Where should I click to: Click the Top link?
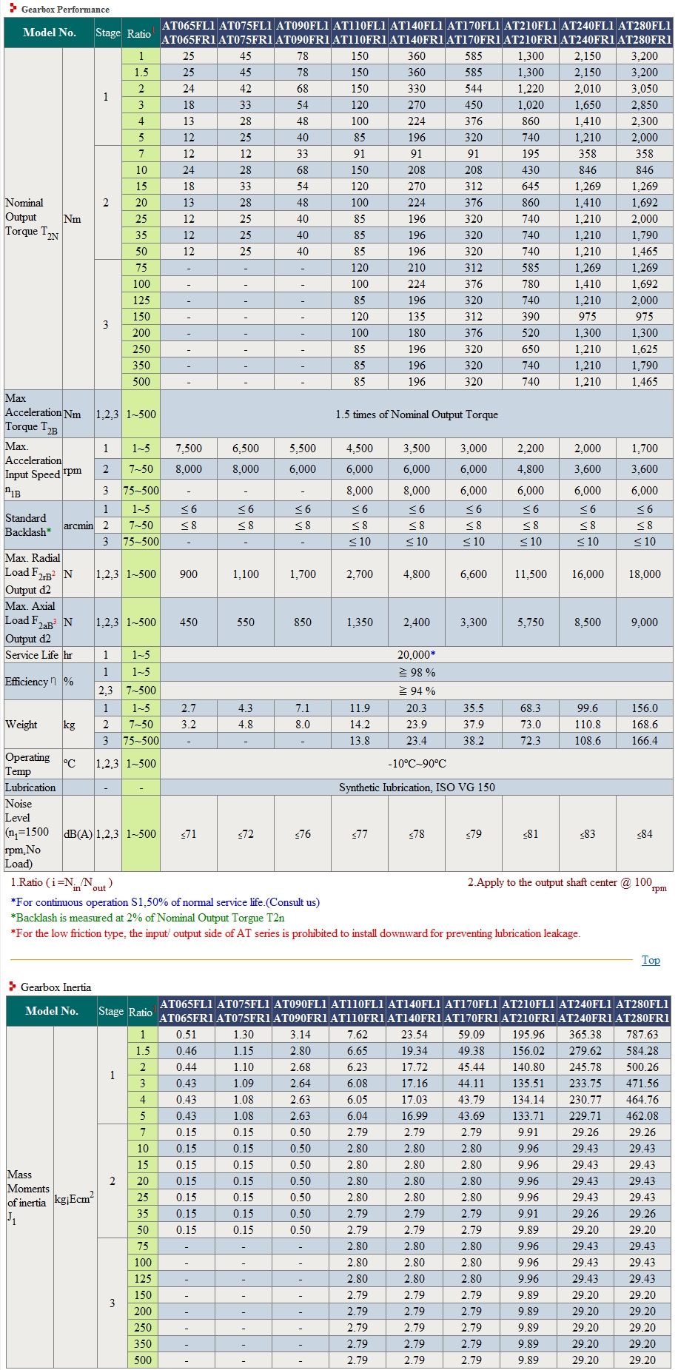(651, 960)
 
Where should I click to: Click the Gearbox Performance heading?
(65, 9)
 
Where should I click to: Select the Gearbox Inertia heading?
(56, 987)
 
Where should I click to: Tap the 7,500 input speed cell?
(189, 449)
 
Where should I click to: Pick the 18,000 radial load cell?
(645, 574)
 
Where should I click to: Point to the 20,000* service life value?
(417, 655)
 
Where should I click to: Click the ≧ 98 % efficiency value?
(417, 673)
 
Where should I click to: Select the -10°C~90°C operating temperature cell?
(417, 764)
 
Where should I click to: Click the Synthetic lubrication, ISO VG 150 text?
(417, 788)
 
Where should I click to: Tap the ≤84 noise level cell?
(645, 834)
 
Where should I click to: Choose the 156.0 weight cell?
(645, 708)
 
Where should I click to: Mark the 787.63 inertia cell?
(642, 1035)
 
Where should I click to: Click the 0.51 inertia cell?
(187, 1035)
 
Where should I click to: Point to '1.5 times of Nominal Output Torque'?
(417, 414)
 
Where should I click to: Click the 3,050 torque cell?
(645, 89)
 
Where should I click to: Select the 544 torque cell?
(474, 89)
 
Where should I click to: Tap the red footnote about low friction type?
(295, 933)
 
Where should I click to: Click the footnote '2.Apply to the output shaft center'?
(567, 883)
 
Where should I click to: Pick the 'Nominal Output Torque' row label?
(32, 218)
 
